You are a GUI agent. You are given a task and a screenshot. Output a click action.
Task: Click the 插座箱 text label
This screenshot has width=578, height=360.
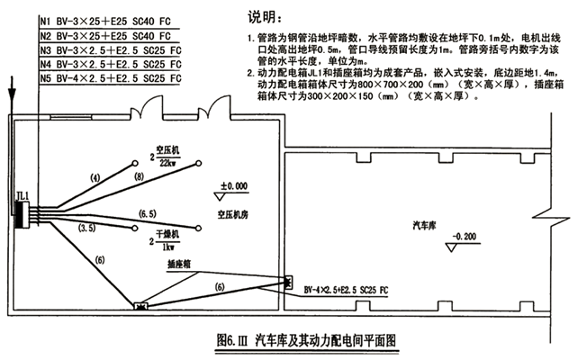click(183, 265)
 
